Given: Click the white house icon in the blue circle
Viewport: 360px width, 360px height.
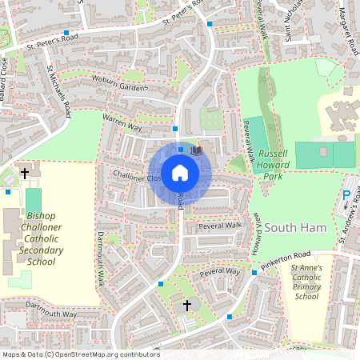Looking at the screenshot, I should coord(179,173).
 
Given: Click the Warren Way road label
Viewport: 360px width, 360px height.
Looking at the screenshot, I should coord(122,122).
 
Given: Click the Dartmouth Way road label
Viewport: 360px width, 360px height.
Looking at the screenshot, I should coord(50,310).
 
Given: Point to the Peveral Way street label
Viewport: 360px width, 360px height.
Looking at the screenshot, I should coord(220,273).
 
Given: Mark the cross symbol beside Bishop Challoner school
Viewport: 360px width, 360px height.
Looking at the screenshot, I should coord(25,173).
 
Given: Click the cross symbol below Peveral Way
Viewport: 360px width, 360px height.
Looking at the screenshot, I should coord(188,305).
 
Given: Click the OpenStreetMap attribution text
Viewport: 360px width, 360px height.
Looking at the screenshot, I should coord(80,354).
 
